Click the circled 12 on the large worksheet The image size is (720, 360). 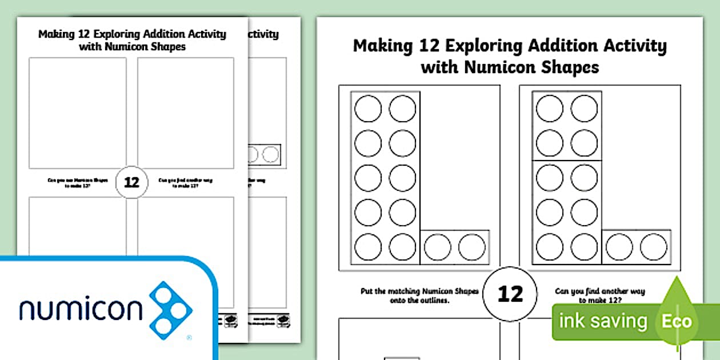[510, 294]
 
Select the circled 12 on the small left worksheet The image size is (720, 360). [131, 182]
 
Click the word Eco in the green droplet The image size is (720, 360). [677, 321]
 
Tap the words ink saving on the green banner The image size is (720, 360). [603, 321]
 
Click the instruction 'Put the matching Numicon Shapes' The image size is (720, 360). [419, 291]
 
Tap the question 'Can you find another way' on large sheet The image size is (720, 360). [599, 291]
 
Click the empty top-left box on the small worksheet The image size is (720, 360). [78, 113]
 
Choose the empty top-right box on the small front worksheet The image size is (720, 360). [185, 113]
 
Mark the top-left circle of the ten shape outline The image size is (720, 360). [369, 109]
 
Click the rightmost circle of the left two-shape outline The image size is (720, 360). [471, 246]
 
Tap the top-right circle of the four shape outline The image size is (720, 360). [584, 109]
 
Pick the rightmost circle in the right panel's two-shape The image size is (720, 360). [653, 246]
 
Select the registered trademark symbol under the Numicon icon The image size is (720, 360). [189, 338]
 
